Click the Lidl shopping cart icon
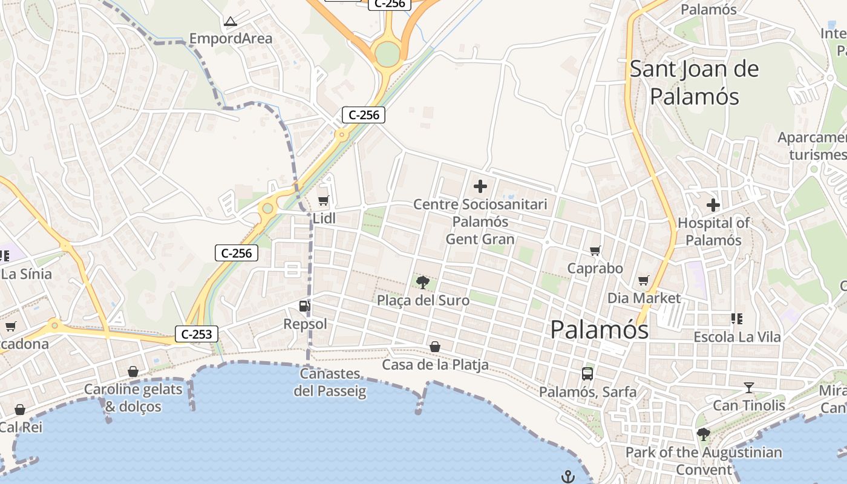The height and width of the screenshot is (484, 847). click(323, 200)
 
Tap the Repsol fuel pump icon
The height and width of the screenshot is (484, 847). click(304, 306)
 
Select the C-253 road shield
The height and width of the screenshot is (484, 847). click(197, 334)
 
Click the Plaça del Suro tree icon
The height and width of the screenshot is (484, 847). click(423, 281)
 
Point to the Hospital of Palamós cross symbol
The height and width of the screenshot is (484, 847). click(713, 204)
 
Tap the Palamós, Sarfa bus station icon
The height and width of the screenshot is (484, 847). click(587, 373)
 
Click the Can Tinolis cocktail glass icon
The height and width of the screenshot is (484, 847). click(749, 387)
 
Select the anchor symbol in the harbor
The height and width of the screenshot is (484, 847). click(567, 477)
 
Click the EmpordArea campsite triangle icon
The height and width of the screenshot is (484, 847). click(231, 22)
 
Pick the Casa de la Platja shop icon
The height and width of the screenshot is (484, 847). click(434, 347)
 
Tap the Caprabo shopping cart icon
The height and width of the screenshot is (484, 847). click(595, 250)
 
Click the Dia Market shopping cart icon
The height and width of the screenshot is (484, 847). click(644, 280)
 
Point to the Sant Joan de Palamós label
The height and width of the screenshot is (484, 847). click(695, 82)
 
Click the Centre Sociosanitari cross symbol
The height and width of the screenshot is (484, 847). click(480, 186)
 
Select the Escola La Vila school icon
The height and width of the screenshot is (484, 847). click(737, 318)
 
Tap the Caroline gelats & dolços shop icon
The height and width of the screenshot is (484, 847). click(133, 371)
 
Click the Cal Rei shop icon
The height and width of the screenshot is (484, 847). click(20, 410)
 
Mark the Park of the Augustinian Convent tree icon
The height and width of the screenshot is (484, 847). click(703, 434)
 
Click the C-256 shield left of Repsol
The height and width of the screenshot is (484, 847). click(237, 253)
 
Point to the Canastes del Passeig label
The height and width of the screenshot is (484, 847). click(330, 382)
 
